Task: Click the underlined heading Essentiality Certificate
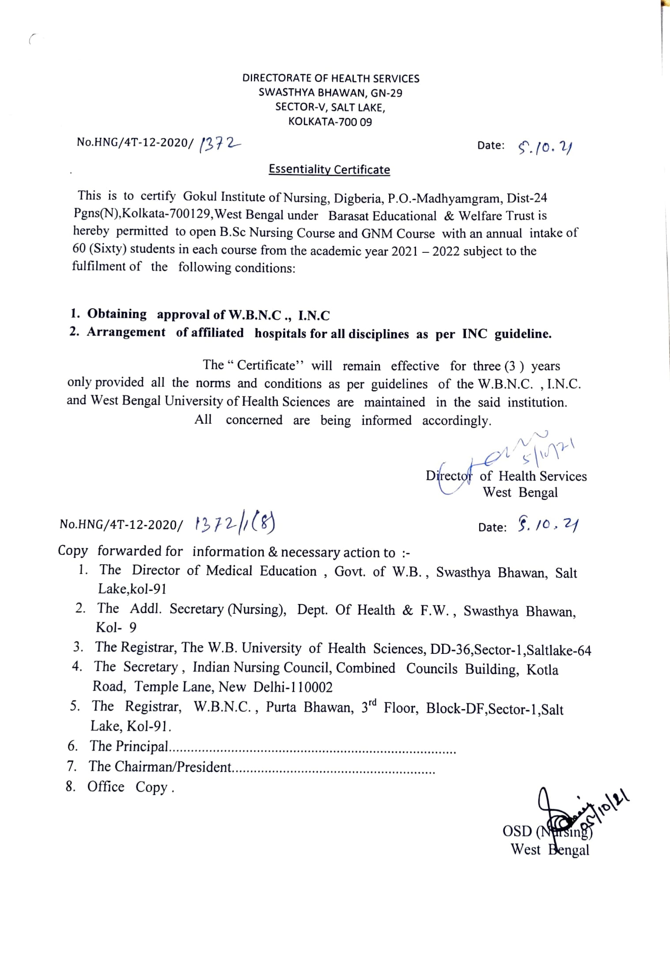coord(329,170)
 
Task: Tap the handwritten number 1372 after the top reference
coord(220,144)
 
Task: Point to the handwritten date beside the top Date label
coord(545,147)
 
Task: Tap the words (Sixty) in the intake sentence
coord(108,249)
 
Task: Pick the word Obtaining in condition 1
coord(117,314)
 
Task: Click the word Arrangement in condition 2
coord(126,332)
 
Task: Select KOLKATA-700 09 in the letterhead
coord(330,122)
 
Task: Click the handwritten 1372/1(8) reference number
coord(235,524)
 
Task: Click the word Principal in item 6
coord(142,746)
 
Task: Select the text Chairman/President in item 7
coord(173,767)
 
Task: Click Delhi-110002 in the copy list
coord(293,687)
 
